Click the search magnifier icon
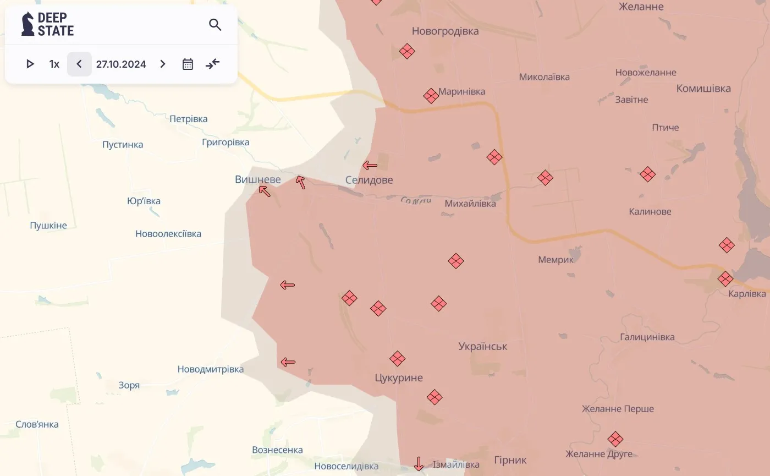215,24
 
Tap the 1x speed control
54,64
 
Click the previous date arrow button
79,64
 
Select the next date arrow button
163,64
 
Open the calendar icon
188,64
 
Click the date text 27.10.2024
121,64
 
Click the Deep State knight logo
28,24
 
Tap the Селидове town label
369,180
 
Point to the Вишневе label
257,179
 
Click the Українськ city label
483,346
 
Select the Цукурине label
399,377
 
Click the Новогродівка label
445,31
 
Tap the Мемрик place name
555,260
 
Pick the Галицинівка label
647,337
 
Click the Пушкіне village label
48,225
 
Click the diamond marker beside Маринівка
431,96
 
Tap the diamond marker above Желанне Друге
615,439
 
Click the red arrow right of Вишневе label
300,182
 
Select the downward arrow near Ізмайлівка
419,463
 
